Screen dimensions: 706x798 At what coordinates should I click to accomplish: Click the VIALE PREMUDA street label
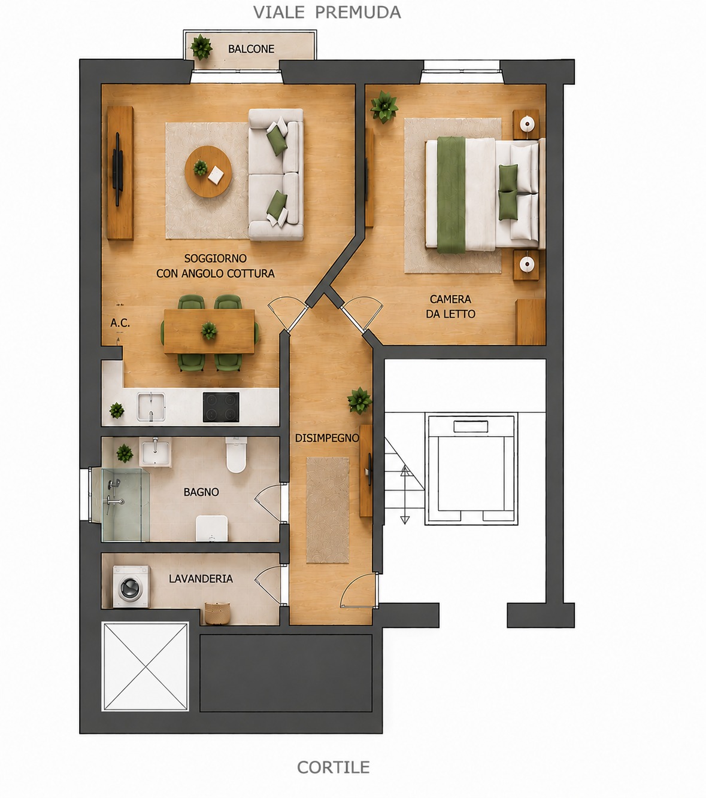(327, 13)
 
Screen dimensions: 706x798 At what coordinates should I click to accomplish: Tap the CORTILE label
(334, 767)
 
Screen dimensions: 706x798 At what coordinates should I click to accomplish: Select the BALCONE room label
(252, 49)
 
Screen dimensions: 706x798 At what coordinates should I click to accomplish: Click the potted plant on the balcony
(201, 47)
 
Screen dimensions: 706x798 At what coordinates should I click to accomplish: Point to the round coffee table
(208, 171)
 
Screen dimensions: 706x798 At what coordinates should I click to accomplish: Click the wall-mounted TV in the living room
(117, 169)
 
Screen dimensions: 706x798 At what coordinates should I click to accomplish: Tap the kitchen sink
(151, 407)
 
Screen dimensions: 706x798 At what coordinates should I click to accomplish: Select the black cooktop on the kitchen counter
(221, 407)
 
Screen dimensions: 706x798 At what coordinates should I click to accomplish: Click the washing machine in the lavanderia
(131, 586)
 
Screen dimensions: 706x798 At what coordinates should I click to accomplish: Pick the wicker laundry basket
(217, 613)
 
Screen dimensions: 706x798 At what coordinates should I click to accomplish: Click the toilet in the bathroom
(237, 455)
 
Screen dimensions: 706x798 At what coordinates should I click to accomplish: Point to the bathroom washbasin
(156, 452)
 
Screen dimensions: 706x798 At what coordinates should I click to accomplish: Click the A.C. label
(120, 323)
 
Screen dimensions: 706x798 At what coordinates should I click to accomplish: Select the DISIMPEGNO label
(327, 438)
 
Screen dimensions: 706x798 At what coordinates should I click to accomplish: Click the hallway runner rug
(328, 510)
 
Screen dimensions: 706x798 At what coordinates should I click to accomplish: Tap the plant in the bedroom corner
(384, 106)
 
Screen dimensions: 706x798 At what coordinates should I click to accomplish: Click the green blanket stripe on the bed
(452, 195)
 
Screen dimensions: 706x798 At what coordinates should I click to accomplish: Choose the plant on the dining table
(209, 330)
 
